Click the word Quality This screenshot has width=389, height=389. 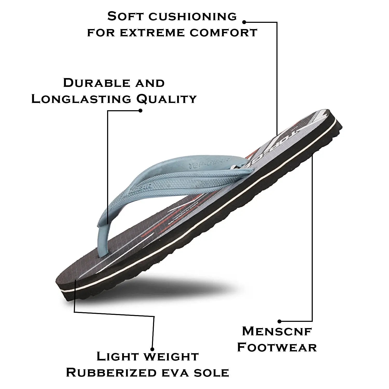(166, 100)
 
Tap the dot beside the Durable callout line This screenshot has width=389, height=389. (140, 110)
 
